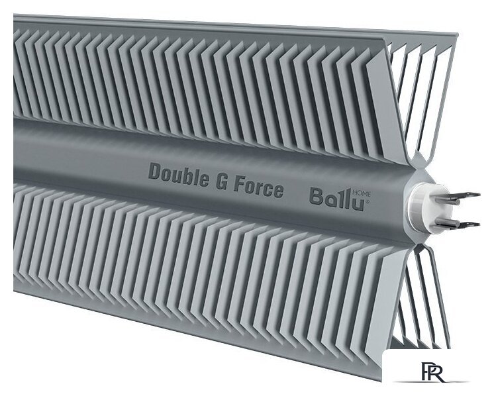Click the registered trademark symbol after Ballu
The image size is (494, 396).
pyautogui.click(x=369, y=201)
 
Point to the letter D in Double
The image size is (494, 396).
pyautogui.click(x=154, y=173)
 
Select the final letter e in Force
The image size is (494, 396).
pyautogui.click(x=278, y=191)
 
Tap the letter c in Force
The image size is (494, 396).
pyautogui.click(x=270, y=189)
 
